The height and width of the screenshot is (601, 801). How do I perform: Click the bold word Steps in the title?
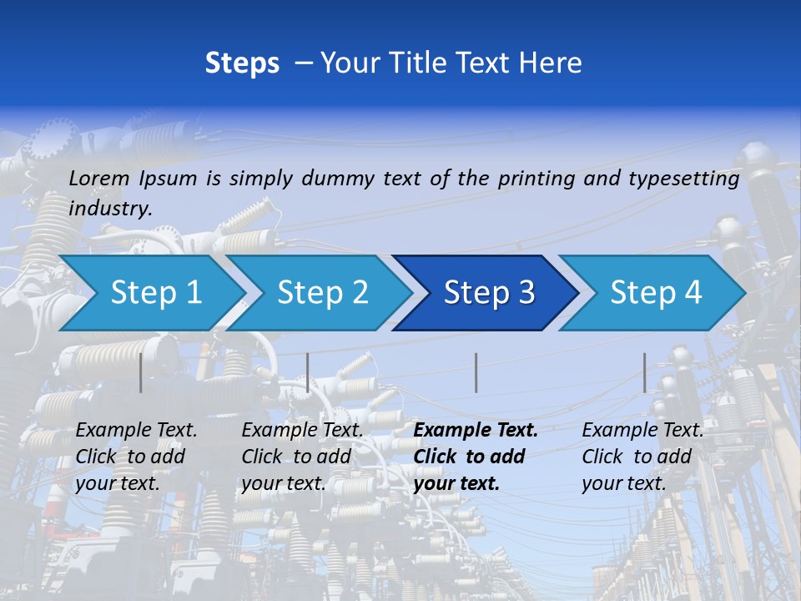[x=242, y=63]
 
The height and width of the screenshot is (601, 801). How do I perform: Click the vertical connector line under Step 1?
[x=141, y=372]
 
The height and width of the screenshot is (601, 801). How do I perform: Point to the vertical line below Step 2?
[x=308, y=372]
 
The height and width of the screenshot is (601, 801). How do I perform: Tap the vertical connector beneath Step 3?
[x=476, y=372]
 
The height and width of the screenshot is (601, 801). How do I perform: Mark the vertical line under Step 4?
[x=645, y=372]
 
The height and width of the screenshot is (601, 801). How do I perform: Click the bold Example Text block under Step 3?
[x=476, y=457]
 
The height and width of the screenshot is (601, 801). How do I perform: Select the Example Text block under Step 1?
[x=136, y=457]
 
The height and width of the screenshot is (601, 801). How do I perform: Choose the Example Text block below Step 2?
[x=302, y=457]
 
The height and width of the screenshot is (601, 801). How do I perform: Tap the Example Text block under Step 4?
[x=642, y=457]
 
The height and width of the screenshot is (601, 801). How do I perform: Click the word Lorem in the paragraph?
[x=99, y=178]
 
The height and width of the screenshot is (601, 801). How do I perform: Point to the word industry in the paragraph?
[x=110, y=209]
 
